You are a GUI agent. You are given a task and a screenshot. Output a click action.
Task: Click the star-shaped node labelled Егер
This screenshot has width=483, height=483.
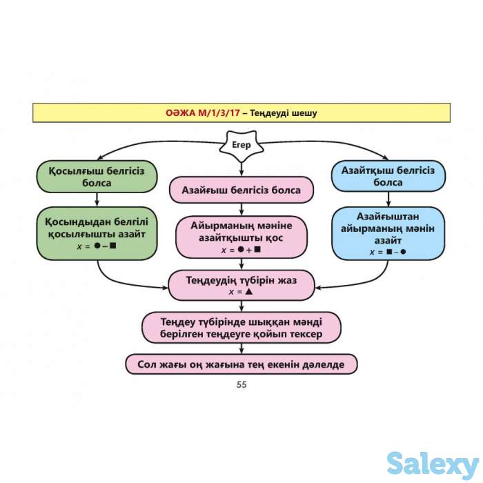pyautogui.click(x=241, y=146)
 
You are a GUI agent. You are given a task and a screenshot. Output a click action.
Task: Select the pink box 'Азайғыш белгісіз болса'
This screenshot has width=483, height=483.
pyautogui.click(x=241, y=190)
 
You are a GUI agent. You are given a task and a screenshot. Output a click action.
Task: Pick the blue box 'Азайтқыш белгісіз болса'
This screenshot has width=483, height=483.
pyautogui.click(x=388, y=177)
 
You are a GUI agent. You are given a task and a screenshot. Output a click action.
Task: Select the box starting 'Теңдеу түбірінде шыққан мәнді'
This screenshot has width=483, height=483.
pyautogui.click(x=241, y=327)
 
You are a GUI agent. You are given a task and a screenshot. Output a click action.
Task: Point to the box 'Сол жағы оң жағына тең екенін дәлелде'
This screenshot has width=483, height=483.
pyautogui.click(x=241, y=364)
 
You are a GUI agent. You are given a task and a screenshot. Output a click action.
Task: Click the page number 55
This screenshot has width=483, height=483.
pyautogui.click(x=241, y=385)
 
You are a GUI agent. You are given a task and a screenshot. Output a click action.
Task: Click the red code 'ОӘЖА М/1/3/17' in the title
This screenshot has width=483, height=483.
pyautogui.click(x=202, y=112)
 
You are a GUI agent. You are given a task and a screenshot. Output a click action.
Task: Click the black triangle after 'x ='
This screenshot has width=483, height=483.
pyautogui.click(x=249, y=292)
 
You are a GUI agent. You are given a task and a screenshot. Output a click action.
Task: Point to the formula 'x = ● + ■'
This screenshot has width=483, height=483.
pyautogui.click(x=241, y=250)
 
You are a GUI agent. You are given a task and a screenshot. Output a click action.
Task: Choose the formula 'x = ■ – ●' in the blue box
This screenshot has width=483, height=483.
pyautogui.click(x=388, y=253)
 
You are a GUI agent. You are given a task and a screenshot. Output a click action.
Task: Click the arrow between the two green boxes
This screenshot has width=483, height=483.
pyautogui.click(x=96, y=199)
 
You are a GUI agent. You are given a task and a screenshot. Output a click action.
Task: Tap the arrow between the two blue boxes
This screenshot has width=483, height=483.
pyautogui.click(x=388, y=199)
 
